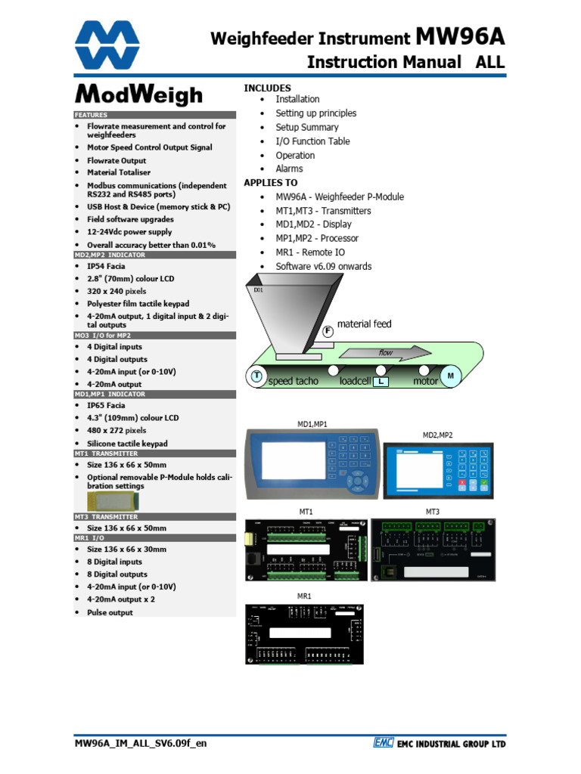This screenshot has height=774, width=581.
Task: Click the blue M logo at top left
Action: pos(107,45)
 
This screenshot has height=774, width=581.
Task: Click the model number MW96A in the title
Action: pos(460,37)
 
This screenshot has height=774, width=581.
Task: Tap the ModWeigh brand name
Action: pos(138,95)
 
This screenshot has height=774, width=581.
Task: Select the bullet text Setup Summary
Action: pos(306,127)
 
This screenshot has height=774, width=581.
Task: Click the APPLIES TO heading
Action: pos(270,183)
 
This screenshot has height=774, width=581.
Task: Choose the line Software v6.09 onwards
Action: pos(323,266)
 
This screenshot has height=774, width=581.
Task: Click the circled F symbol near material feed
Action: pos(328,331)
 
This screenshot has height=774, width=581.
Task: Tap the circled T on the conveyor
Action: pos(256,376)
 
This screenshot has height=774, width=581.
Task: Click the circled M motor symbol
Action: pos(451,376)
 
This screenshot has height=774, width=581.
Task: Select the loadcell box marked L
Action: pos(381,382)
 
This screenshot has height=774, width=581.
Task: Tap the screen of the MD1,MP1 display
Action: pos(293,463)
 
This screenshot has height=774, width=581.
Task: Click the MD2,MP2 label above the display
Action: pos(437,435)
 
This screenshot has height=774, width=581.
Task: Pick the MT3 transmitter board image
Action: pos(432,549)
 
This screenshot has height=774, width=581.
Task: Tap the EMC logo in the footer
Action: pos(382,743)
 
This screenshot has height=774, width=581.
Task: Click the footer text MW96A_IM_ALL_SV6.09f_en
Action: pos(140,743)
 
